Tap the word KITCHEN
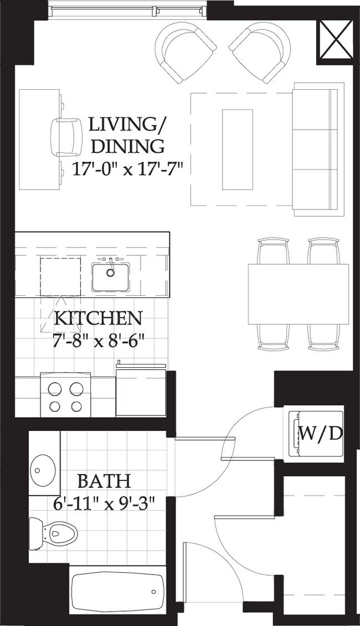point(97,319)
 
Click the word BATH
point(104,480)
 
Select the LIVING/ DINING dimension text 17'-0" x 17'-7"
point(128,168)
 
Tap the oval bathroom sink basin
point(42,470)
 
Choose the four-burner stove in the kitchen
point(65,397)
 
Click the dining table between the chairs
point(298,294)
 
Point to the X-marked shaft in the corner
point(335,39)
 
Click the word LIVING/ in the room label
point(127,125)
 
